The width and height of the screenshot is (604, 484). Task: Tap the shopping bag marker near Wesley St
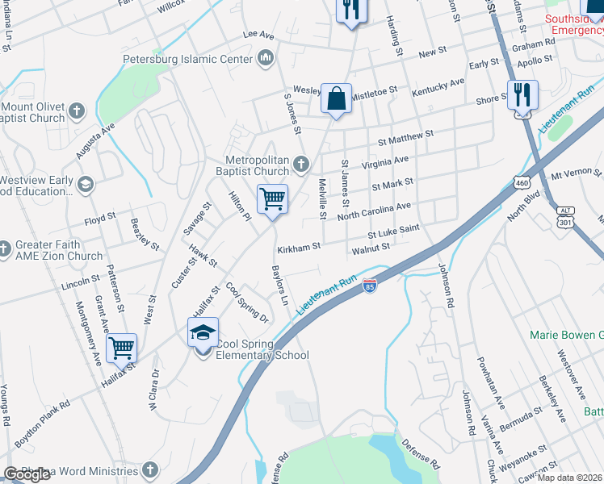336,99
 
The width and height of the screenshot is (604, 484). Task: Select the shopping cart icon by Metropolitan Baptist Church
273,198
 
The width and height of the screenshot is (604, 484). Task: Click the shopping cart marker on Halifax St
121,348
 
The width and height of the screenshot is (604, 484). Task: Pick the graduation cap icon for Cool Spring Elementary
203,332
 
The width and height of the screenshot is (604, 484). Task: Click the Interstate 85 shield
370,286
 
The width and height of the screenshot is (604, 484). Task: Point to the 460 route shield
523,183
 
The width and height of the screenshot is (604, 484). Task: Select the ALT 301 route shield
564,216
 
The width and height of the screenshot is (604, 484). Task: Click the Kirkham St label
299,247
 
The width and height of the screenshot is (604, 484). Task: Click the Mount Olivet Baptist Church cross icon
77,111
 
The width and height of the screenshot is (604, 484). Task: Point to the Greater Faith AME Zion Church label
58,251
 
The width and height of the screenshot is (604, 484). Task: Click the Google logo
27,475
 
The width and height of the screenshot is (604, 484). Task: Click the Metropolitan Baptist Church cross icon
301,165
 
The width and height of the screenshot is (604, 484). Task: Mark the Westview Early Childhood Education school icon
85,186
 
